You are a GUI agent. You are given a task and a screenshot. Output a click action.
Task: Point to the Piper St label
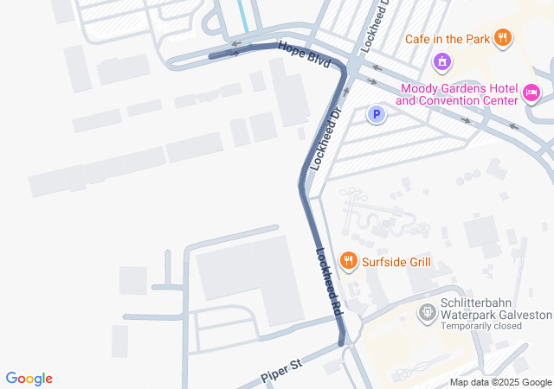[x=280, y=373]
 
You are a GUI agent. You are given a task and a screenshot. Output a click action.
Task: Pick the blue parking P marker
[x=376, y=114]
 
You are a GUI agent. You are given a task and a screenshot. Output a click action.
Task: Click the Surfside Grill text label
[x=396, y=262]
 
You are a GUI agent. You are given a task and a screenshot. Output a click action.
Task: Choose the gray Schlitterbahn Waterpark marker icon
[x=426, y=312]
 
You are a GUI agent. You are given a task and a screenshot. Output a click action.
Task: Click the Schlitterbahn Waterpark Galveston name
[x=495, y=309]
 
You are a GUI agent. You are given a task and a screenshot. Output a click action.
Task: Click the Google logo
[x=29, y=379]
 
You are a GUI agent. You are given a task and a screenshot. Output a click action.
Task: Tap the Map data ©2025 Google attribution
[x=500, y=382]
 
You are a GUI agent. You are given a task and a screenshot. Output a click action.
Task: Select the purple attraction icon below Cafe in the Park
[x=441, y=62]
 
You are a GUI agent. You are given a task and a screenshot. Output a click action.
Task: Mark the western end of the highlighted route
[x=211, y=55]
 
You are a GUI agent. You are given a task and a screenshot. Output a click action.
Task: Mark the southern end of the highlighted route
[x=340, y=342]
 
